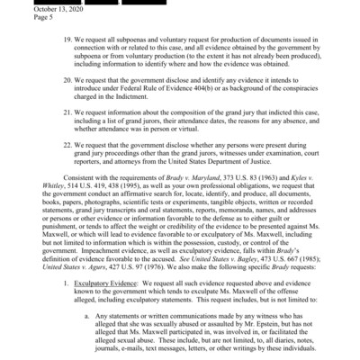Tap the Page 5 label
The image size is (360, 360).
click(x=22, y=25)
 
